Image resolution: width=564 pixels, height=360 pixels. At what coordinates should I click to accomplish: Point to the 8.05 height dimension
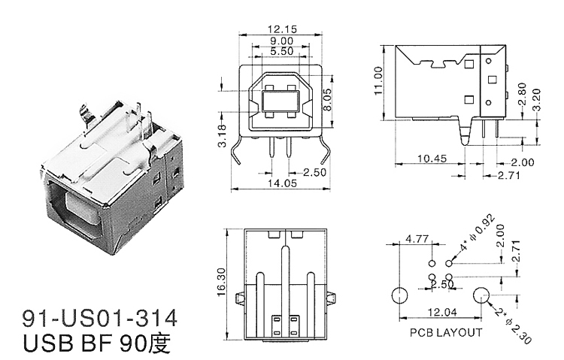[x=326, y=98]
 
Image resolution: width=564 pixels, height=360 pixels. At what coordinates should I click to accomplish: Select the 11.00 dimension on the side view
[x=378, y=79]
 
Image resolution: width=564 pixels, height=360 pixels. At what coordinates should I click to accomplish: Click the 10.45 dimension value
[x=431, y=159]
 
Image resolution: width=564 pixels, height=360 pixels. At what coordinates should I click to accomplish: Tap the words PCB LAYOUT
[x=445, y=331]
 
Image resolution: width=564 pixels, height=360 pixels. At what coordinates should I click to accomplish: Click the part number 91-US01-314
[x=102, y=313]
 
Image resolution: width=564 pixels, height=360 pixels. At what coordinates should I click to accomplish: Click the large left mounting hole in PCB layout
[x=399, y=295]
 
